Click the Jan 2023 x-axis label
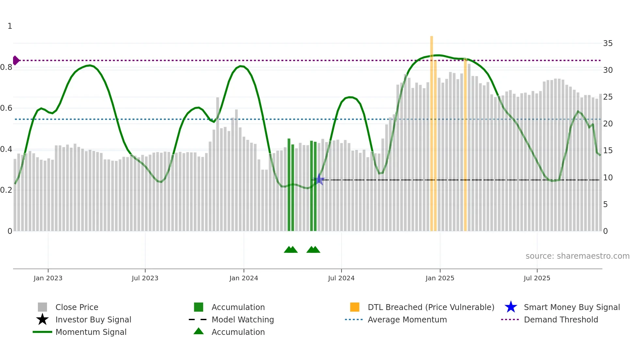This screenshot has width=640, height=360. pyautogui.click(x=48, y=278)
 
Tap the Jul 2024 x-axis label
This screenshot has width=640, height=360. pyautogui.click(x=341, y=278)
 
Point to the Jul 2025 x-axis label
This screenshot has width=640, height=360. pyautogui.click(x=537, y=278)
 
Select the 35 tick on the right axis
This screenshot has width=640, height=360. pyautogui.click(x=608, y=43)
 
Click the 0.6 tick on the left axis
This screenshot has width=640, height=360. pyautogui.click(x=6, y=108)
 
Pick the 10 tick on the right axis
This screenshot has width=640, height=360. pyautogui.click(x=608, y=178)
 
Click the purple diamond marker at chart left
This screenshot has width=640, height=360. pyautogui.click(x=16, y=60)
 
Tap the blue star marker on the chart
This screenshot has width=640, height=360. pyautogui.click(x=319, y=179)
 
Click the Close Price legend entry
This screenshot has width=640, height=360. pyautogui.click(x=77, y=307)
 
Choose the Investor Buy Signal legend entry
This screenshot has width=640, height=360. pyautogui.click(x=93, y=319)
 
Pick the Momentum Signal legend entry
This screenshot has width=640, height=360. pyautogui.click(x=91, y=332)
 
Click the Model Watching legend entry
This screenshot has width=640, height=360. pyautogui.click(x=243, y=319)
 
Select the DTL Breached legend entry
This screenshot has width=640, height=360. pyautogui.click(x=431, y=307)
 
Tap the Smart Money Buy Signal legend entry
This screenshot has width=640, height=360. pyautogui.click(x=571, y=307)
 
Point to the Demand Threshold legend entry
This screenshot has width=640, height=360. pyautogui.click(x=561, y=319)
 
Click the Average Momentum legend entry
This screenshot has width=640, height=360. pyautogui.click(x=407, y=319)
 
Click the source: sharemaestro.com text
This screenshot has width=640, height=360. pyautogui.click(x=577, y=256)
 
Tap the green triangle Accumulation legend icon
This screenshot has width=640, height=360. pyautogui.click(x=199, y=331)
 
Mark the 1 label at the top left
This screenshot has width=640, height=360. pyautogui.click(x=10, y=26)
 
